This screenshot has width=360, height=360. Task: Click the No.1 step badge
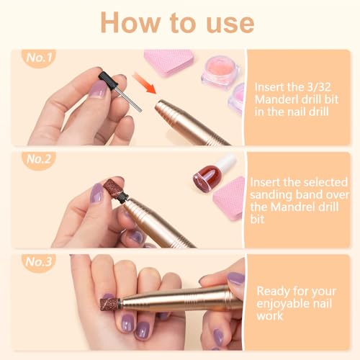39,58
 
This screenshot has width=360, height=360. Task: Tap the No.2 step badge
39,160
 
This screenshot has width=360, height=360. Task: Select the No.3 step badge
39,262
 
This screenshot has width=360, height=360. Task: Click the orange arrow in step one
144,83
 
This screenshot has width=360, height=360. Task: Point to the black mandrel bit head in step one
108,79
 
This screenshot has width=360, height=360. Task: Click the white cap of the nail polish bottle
227,163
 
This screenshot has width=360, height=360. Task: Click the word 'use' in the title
230,23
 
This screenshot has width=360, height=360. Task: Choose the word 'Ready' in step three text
273,292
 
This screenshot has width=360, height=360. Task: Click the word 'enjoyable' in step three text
280,305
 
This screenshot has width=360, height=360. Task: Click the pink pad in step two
229,198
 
